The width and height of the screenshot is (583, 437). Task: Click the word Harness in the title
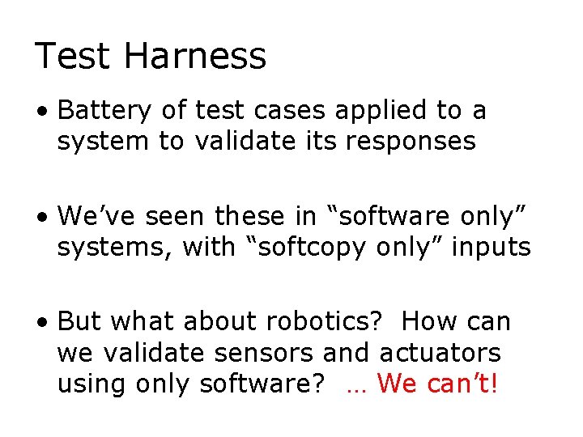(197, 57)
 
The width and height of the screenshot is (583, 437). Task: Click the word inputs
(492, 247)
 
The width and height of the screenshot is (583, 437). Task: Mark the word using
(86, 383)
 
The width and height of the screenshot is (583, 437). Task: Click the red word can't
(462, 383)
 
